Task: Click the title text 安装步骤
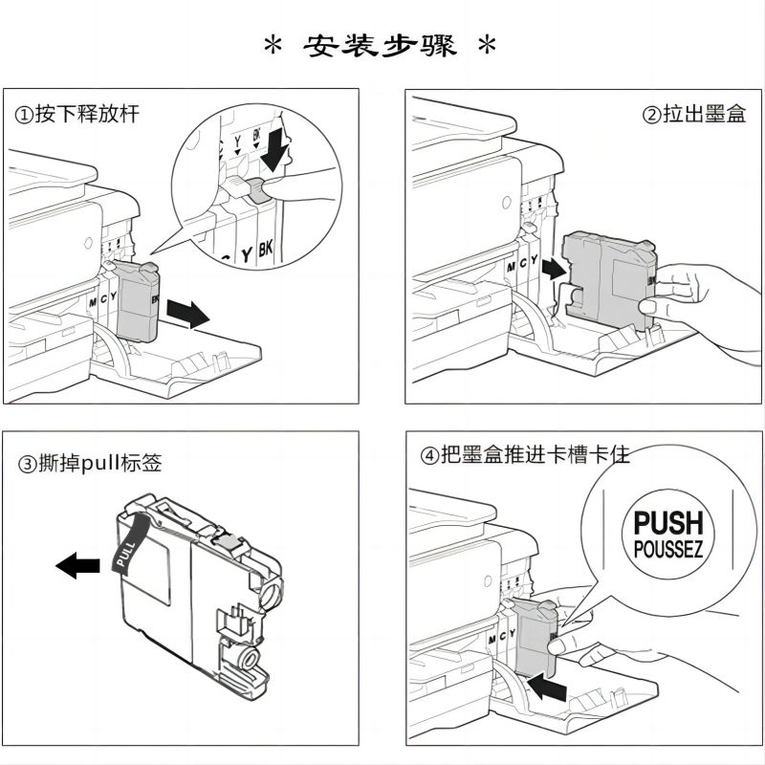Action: [382, 44]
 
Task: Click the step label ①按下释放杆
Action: [76, 115]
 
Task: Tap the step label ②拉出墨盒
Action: [693, 115]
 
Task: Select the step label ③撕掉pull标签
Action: [91, 465]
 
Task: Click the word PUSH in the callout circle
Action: [668, 523]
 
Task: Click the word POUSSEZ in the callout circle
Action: [668, 551]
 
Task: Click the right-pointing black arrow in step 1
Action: [187, 313]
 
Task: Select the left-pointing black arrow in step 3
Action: [77, 566]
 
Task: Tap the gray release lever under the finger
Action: [256, 189]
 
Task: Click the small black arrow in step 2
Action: [552, 269]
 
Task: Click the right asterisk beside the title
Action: [489, 45]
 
